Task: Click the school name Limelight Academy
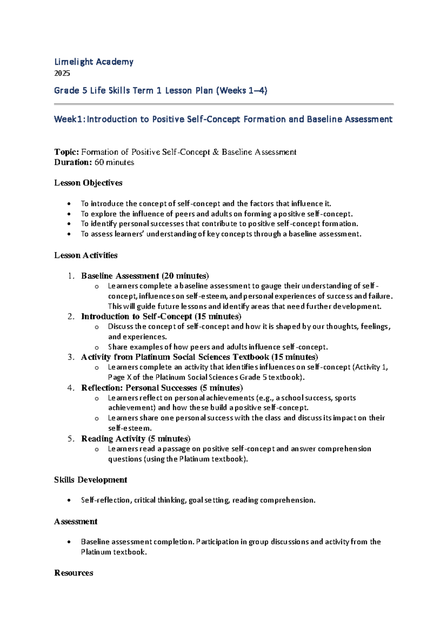[93, 62]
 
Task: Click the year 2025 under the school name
[62, 73]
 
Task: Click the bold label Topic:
[66, 152]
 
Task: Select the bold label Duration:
[73, 162]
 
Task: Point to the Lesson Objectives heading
[88, 183]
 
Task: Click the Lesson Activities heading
[86, 255]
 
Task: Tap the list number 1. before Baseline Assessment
[71, 276]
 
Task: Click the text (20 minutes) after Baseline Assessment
[185, 276]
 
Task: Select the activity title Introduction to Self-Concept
[136, 316]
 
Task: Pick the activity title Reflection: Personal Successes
[139, 388]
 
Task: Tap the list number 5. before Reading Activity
[71, 439]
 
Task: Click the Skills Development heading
[91, 480]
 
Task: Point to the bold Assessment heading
[76, 522]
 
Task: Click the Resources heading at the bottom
[73, 573]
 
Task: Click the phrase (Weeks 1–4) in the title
[241, 91]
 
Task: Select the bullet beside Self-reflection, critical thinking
[69, 501]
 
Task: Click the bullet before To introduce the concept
[69, 204]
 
